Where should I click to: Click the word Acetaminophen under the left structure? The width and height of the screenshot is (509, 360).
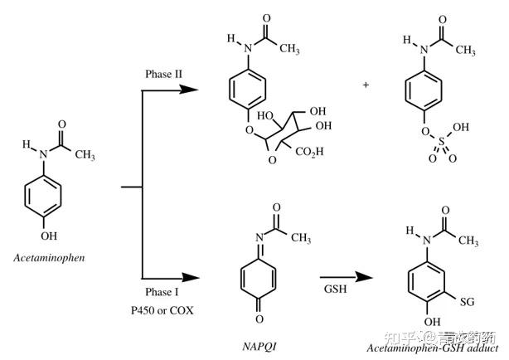[49, 258]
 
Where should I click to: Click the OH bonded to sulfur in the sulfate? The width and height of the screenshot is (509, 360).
[460, 129]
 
